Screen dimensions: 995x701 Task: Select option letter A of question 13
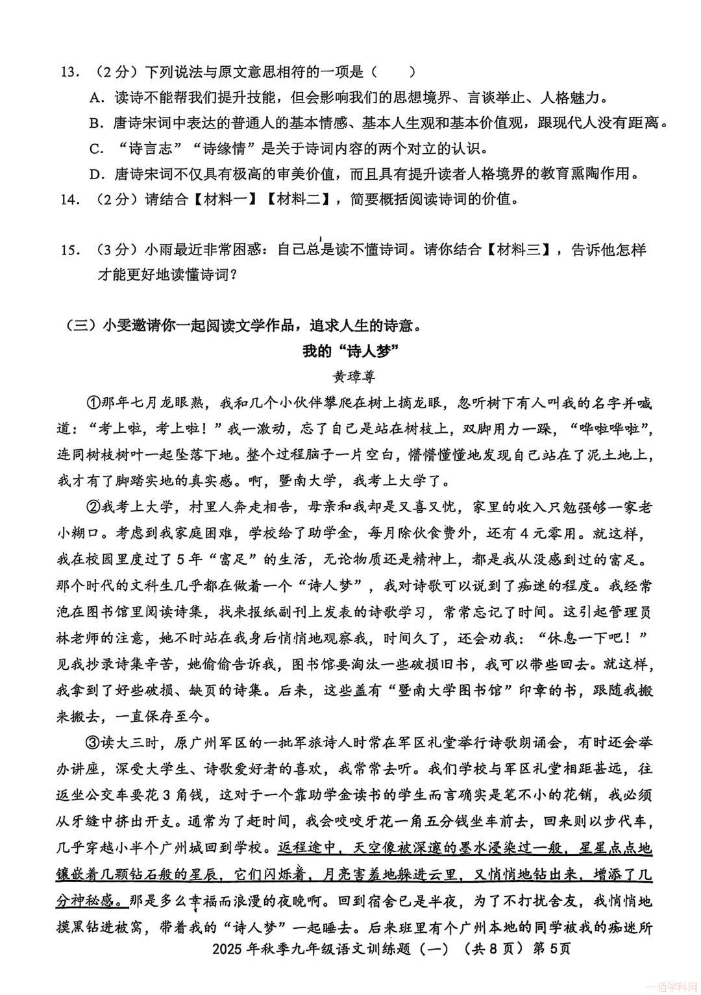(97, 98)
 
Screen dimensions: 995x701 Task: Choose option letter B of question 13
(97, 123)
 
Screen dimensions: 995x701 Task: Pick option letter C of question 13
(97, 149)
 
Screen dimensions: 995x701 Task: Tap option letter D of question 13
(97, 174)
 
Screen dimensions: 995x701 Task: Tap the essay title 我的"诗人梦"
(350, 351)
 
